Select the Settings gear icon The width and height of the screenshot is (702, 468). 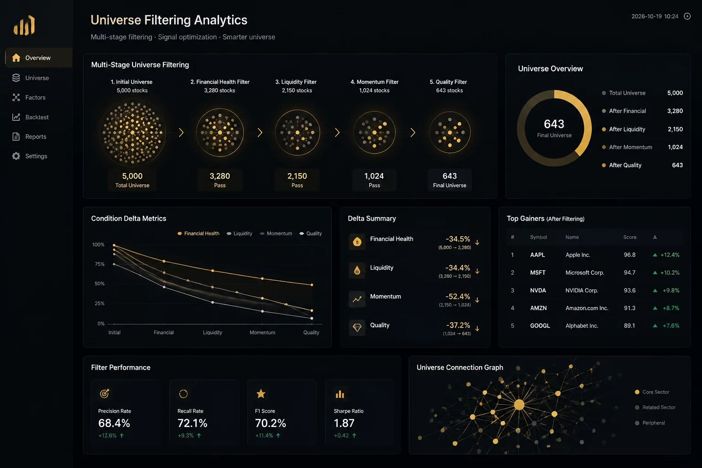coord(16,156)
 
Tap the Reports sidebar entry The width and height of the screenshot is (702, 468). coord(29,137)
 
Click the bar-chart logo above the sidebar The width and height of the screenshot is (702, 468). coord(24,25)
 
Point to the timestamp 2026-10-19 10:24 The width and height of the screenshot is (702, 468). coord(654,16)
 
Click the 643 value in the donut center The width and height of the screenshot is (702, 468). coord(554,124)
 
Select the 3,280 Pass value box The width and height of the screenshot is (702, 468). coord(220,180)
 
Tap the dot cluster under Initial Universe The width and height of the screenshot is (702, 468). coord(132,133)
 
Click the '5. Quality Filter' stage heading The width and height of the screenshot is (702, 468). coord(448,82)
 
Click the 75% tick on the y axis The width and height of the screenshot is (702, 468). coord(99,264)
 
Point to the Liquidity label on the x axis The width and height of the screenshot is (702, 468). coord(213,332)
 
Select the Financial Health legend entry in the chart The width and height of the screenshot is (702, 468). coord(198,234)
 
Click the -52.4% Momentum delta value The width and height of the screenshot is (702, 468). coord(457,297)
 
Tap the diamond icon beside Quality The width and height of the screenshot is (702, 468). coord(357,328)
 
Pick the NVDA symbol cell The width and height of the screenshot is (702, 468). coord(538,290)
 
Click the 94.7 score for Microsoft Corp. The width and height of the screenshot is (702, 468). coord(629,273)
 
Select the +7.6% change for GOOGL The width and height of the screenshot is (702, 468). coord(670,326)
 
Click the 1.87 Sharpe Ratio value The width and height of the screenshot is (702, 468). coord(344,423)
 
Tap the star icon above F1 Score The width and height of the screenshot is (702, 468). coord(261,394)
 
